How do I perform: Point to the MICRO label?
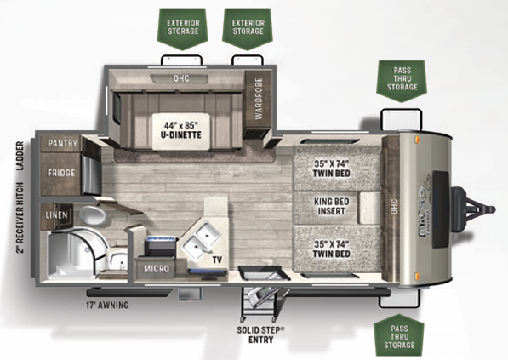[x=156, y=270]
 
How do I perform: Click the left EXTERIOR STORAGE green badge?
[x=183, y=26]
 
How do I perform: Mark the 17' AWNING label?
[x=107, y=304]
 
